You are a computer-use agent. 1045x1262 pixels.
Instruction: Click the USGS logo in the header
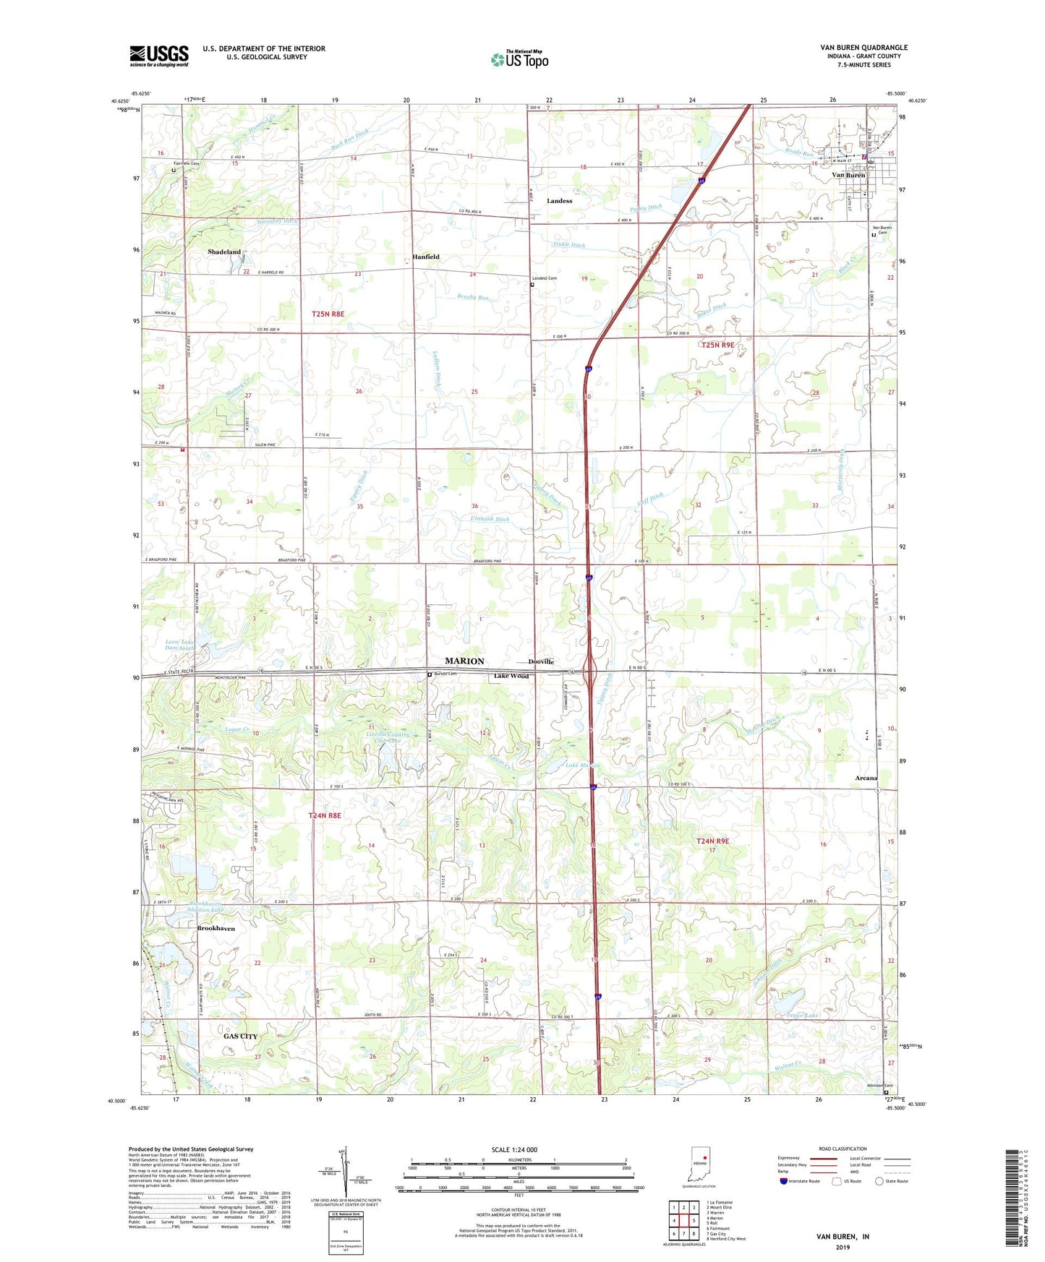point(158,56)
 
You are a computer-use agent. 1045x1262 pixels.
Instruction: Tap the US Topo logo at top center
point(519,59)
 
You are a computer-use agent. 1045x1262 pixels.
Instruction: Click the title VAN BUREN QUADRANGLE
point(863,48)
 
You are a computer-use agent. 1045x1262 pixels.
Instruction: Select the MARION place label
point(464,661)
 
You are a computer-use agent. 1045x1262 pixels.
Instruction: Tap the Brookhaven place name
point(216,929)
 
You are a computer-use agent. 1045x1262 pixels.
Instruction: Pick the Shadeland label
point(224,252)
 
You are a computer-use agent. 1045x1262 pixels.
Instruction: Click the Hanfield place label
point(426,257)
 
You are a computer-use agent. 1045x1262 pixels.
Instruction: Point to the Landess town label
point(559,201)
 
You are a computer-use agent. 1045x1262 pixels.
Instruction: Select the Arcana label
point(866,778)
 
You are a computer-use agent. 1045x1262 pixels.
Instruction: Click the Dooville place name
point(541,662)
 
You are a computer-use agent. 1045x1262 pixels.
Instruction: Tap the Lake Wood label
point(511,677)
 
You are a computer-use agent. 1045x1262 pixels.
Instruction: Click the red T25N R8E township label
point(328,314)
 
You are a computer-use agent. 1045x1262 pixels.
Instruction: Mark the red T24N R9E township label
point(712,841)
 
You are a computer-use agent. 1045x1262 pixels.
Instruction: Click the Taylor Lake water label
point(802,1016)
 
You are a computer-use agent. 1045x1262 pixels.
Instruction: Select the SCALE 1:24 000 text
point(514,1150)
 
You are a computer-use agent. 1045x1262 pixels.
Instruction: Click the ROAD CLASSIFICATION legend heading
point(842,1149)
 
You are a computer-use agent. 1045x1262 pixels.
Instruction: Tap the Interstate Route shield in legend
point(783,1181)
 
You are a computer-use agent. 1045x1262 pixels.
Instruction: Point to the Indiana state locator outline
point(700,1166)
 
